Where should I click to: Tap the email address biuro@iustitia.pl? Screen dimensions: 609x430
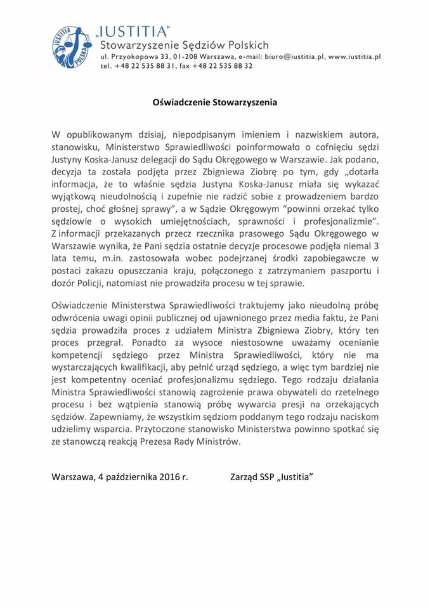click(x=285, y=56)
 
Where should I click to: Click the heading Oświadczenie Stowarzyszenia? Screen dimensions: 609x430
click(x=215, y=100)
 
